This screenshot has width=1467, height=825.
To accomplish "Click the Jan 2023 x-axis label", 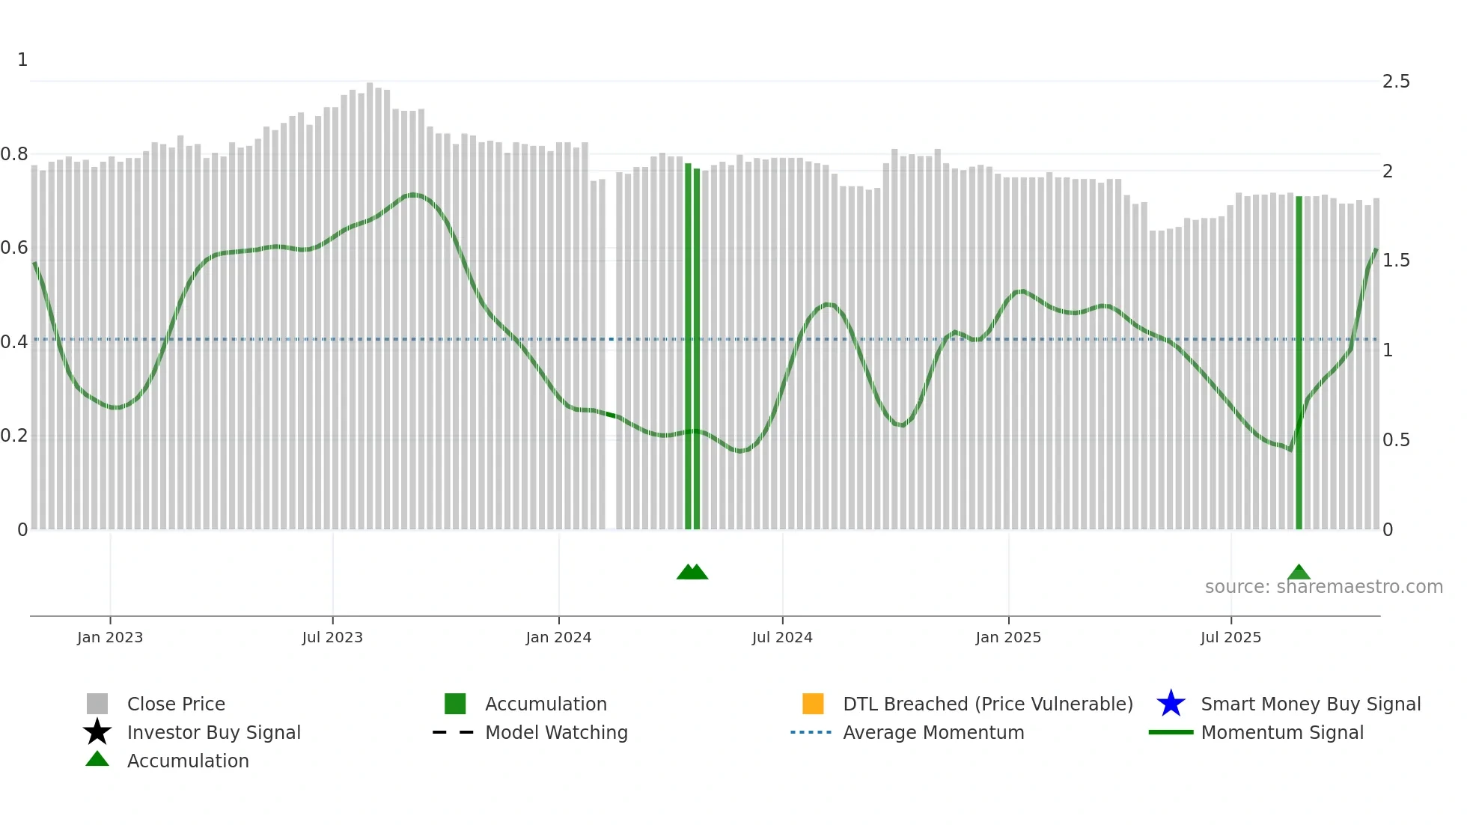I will coord(110,637).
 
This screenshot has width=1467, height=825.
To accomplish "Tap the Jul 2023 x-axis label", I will coord(332,637).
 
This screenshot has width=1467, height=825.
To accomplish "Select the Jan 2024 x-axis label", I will coord(558,637).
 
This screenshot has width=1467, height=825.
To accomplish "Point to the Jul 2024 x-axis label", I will coord(782,637).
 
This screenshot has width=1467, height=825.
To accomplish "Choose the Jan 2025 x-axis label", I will coord(1008,637).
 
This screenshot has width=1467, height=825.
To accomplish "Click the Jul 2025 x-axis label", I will coord(1230,637).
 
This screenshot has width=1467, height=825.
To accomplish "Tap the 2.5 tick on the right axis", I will coord(1396,82).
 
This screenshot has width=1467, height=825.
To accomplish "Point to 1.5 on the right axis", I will coord(1396,261).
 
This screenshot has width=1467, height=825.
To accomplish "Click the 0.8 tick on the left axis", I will coord(14,154).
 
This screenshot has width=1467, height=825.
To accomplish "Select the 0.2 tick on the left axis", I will coord(14,436).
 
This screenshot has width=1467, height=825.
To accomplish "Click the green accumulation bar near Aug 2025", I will coord(1299,359).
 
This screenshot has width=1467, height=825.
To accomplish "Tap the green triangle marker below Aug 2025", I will coord(1299,573).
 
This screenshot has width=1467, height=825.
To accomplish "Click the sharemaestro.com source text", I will coord(1323,587).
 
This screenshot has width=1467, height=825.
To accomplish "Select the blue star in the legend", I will coord(1171,704).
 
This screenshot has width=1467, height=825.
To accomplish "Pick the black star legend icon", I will coord(97,732).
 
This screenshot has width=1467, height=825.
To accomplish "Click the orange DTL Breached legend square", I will coord(813,704).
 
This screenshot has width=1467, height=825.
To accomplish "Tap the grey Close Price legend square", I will coord(97,704).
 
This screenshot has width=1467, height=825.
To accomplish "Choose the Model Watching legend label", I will coord(556,732).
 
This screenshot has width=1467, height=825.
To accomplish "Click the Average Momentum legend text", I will coord(933,732).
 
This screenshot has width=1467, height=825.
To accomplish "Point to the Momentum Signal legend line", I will coord(1171,732).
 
